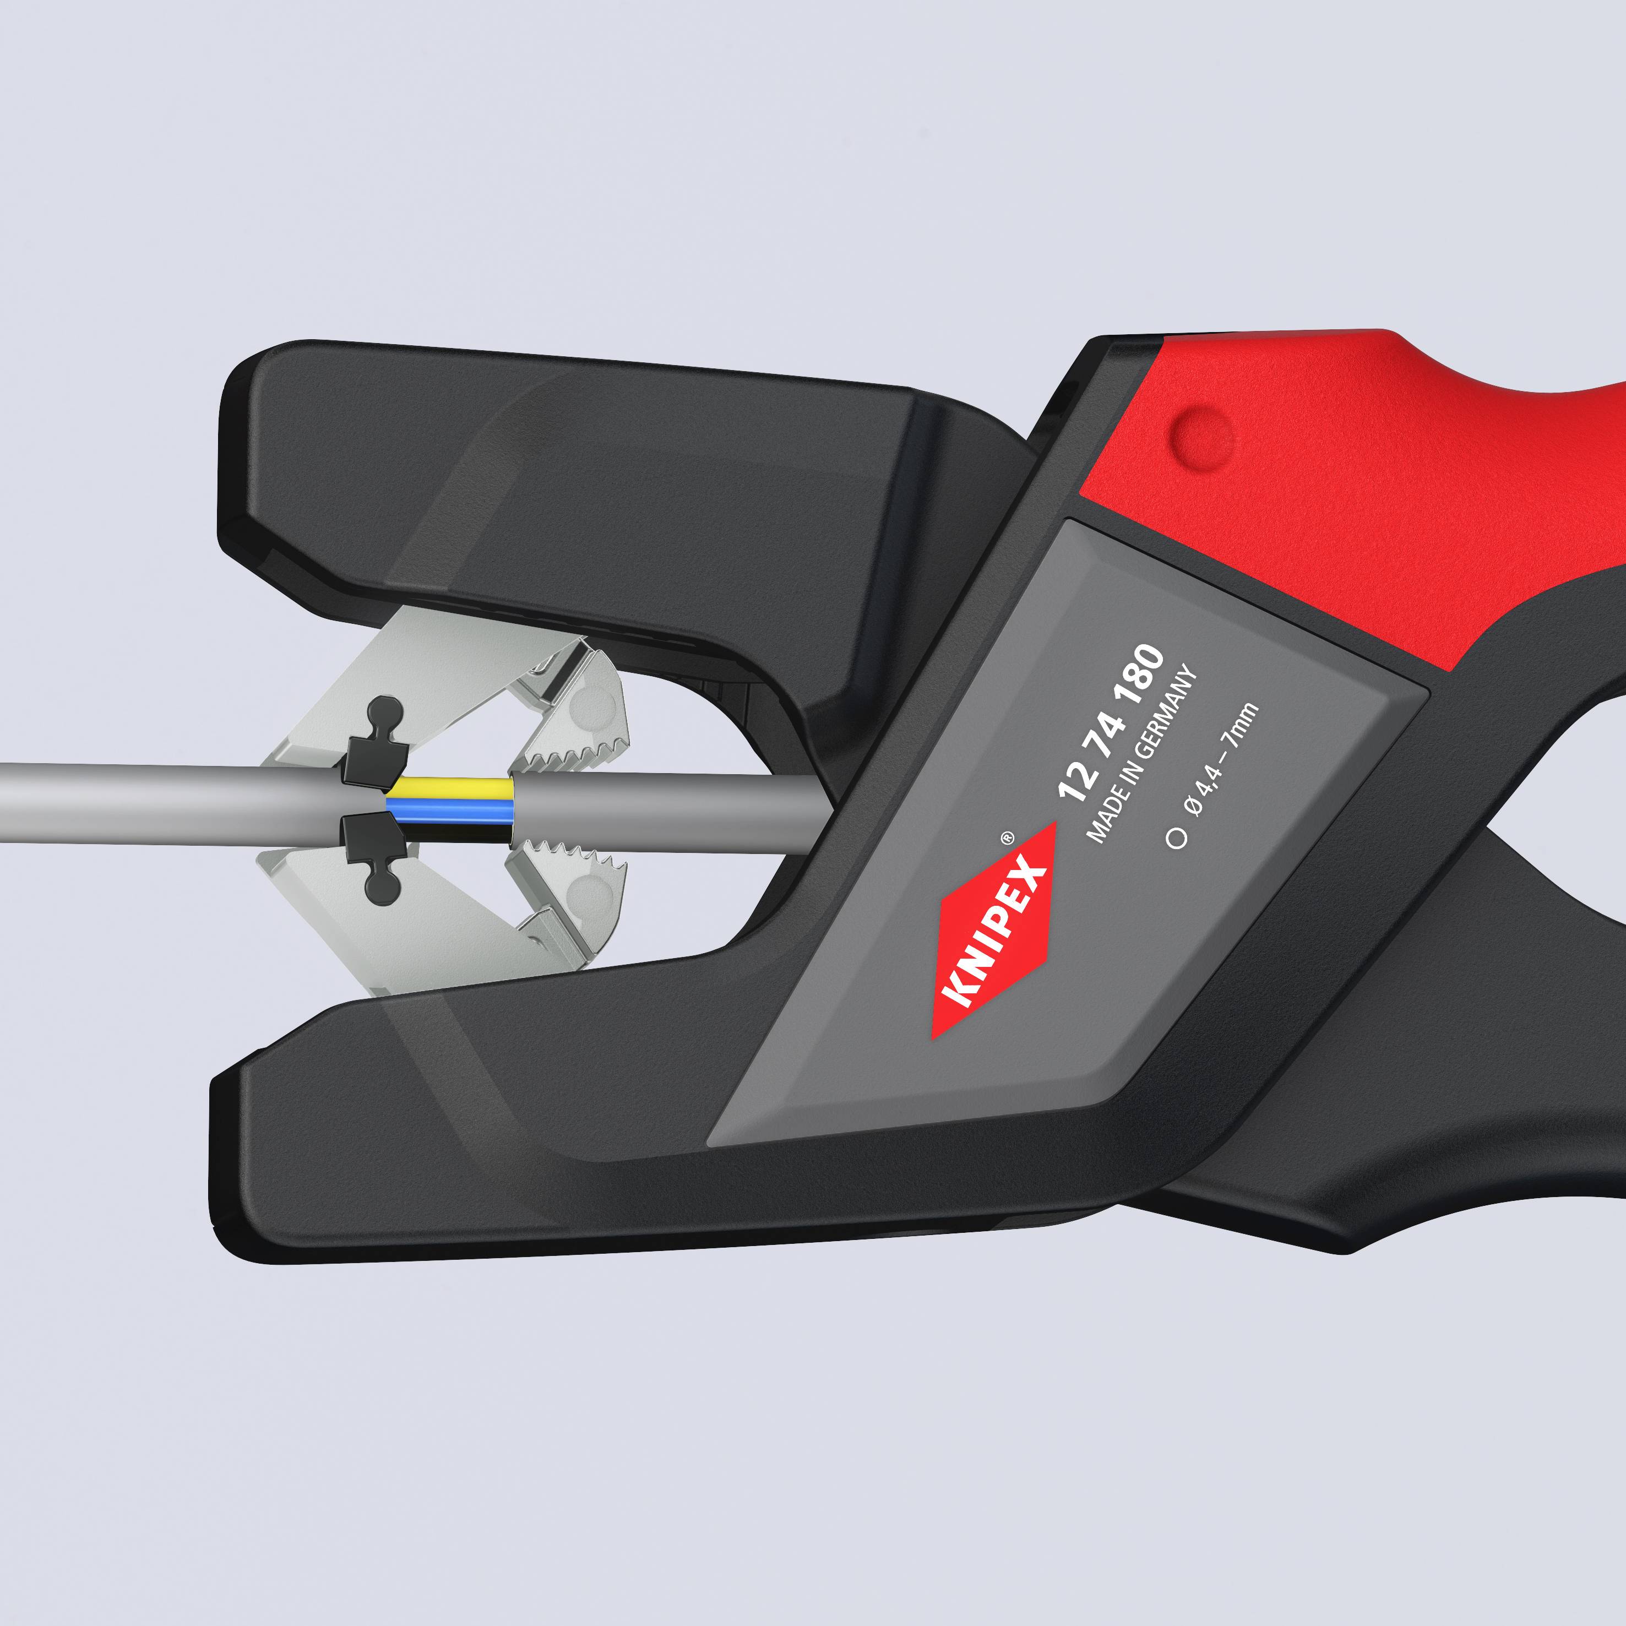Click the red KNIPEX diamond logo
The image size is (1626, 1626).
pyautogui.click(x=993, y=930)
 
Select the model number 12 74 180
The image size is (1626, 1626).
pyautogui.click(x=1112, y=722)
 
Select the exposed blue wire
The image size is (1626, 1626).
pyautogui.click(x=450, y=809)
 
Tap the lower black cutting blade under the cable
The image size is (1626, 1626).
pyautogui.click(x=371, y=846)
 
